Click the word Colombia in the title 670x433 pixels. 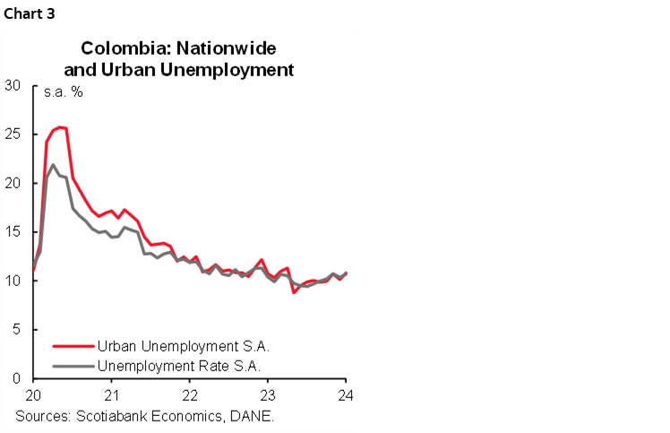coord(114,48)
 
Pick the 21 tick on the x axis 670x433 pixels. coord(111,394)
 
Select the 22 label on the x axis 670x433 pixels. coord(190,394)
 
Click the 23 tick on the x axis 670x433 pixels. coord(268,394)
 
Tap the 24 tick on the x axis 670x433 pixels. coord(345,394)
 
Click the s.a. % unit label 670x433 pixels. coord(64,92)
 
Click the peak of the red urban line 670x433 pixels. coord(60,127)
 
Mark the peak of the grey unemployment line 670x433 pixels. coord(53,165)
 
